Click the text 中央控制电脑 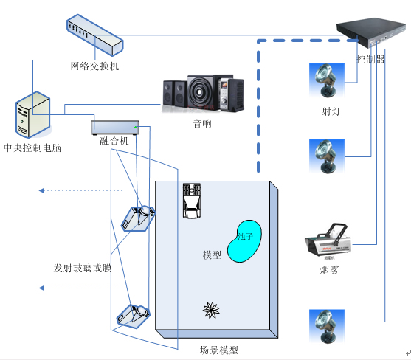click(x=32, y=148)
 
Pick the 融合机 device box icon click(x=114, y=126)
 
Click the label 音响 click(x=202, y=123)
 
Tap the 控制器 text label click(x=370, y=59)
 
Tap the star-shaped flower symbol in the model click(x=212, y=311)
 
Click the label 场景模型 click(x=219, y=350)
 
